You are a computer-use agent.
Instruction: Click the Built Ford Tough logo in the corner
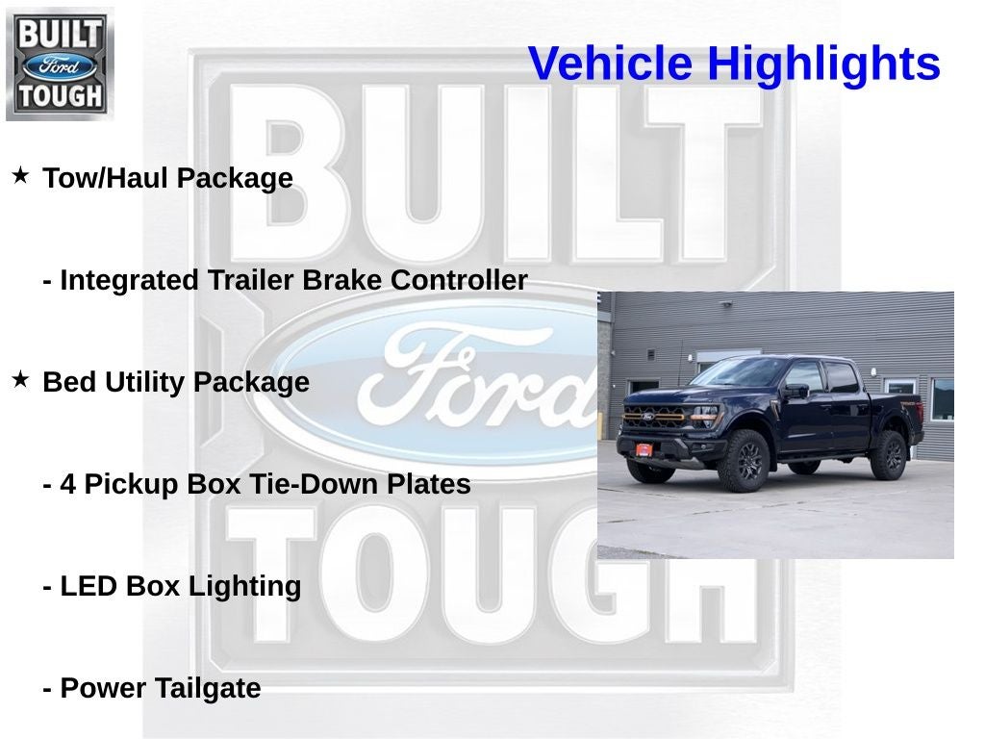[x=60, y=64]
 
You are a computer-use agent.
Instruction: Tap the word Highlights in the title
[x=823, y=64]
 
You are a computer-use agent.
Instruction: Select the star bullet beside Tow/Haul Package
[x=20, y=176]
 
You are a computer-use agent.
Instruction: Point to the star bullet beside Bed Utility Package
[x=20, y=380]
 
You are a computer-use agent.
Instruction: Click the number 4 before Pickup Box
[x=67, y=484]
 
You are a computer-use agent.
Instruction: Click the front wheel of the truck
[x=745, y=461]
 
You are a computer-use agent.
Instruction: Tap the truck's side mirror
[x=796, y=391]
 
